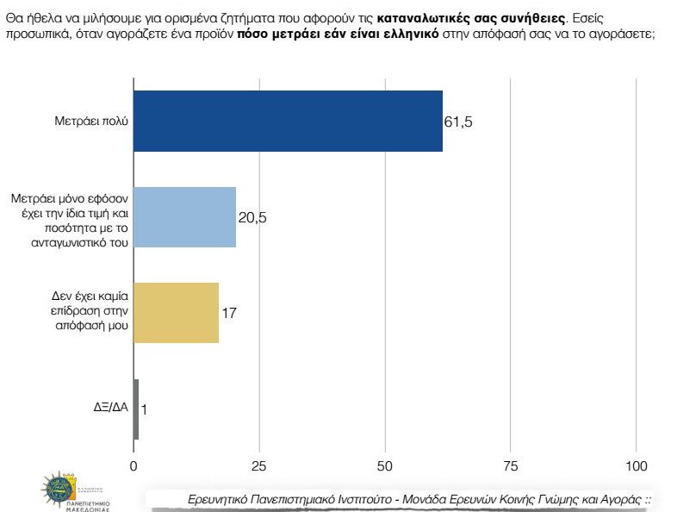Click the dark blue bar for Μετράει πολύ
point(289,121)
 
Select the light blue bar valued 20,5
point(185,217)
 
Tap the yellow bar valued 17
point(177,313)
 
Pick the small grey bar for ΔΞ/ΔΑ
point(136,409)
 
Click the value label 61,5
point(458,122)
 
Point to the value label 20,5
point(252,217)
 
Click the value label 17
point(229,313)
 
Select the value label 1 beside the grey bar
point(144,410)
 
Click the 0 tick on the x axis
point(134,466)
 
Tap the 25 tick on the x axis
point(259,466)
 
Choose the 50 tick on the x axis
point(385,466)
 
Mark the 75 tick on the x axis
point(511,466)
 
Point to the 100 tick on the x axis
point(637,466)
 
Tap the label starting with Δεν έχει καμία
point(89,312)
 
